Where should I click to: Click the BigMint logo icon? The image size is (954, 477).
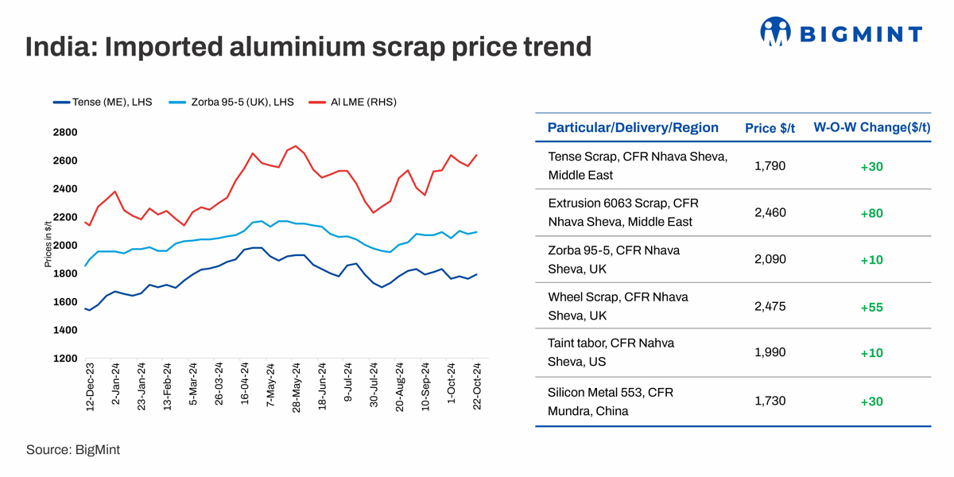(775, 33)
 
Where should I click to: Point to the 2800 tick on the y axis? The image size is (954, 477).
(65, 132)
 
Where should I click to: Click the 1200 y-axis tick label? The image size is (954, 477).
(65, 359)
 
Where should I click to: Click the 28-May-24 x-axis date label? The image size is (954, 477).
(297, 386)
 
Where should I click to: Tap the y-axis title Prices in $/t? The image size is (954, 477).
(48, 246)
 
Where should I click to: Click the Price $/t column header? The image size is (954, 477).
(770, 128)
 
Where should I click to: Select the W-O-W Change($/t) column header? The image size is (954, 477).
(871, 128)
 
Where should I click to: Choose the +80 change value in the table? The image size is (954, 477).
(871, 213)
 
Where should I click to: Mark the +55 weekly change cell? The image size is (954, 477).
(871, 307)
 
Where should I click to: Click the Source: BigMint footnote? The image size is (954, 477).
(73, 450)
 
